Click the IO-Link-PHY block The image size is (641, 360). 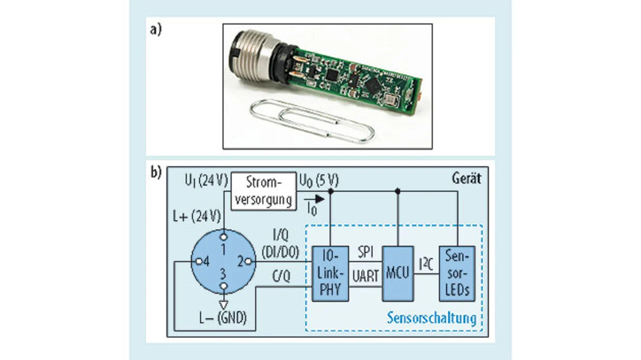point(331,273)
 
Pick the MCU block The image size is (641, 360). point(398,273)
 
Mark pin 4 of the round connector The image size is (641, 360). point(198,261)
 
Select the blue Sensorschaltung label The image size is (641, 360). point(431,318)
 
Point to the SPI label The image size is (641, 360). point(366,252)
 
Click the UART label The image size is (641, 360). point(366,276)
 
